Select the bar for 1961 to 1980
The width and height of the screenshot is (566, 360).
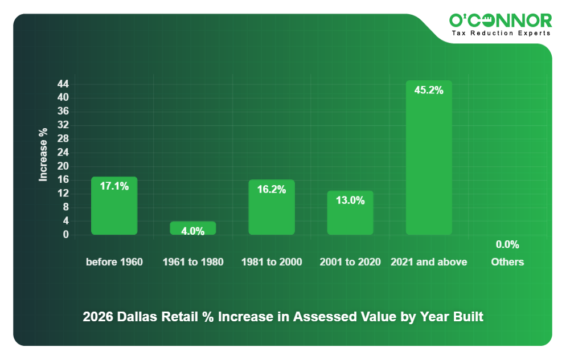193,228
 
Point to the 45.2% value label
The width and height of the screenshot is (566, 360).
429,90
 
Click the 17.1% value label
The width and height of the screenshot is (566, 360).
114,186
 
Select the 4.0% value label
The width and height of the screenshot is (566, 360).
193,231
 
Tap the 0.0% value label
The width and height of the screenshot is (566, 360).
507,245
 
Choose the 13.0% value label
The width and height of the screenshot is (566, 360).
350,200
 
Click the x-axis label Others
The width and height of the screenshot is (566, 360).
507,262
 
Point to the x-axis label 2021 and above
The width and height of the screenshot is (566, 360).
429,262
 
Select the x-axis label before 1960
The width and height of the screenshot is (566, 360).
114,262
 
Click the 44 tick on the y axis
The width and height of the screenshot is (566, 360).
63,84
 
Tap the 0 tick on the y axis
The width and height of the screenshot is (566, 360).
65,234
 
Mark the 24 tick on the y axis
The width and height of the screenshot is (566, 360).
63,153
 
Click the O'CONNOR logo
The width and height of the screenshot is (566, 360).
501,21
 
